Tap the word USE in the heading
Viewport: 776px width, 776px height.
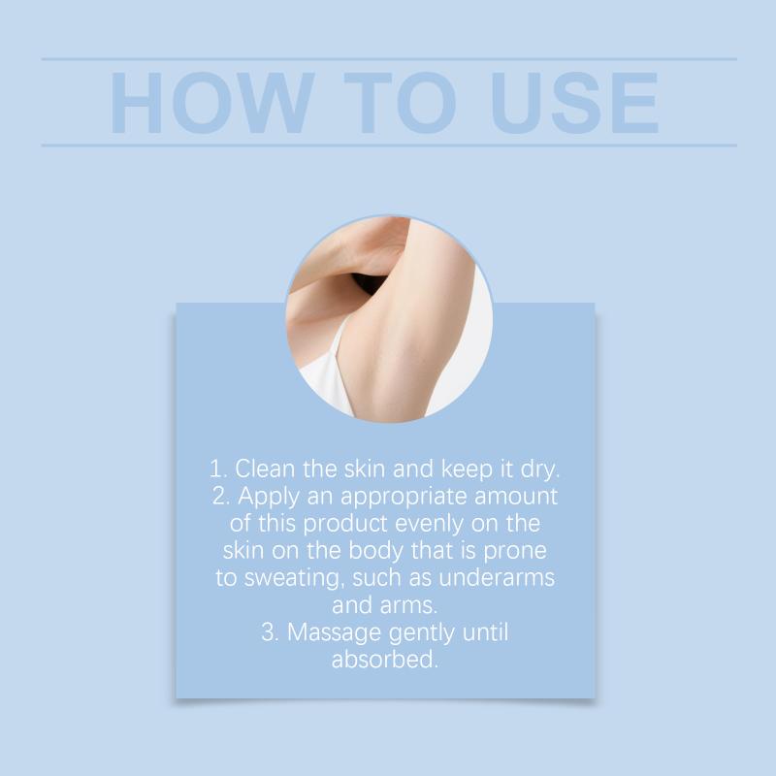(x=574, y=103)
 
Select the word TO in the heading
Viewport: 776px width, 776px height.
(x=400, y=103)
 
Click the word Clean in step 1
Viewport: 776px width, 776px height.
(x=265, y=469)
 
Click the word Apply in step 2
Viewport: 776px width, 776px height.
(x=269, y=497)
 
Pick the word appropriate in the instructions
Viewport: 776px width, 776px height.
(x=404, y=497)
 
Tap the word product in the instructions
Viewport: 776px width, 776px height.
(x=345, y=524)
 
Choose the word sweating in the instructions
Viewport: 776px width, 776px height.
(x=294, y=578)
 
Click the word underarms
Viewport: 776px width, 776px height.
(x=497, y=577)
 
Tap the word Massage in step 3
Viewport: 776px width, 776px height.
(x=335, y=633)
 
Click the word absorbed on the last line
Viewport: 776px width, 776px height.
(x=385, y=660)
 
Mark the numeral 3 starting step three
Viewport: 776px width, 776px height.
(x=268, y=632)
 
